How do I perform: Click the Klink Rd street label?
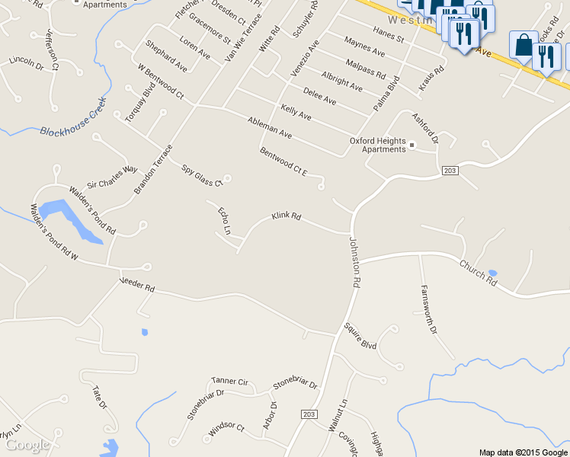coord(287,217)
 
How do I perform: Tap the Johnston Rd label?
coord(354,260)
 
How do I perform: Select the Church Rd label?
coord(478,273)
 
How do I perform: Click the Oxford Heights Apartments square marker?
coord(411,145)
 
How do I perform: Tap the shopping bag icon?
coord(524,45)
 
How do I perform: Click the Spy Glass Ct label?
coord(201,175)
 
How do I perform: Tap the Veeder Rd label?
coord(137,286)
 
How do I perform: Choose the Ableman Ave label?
coord(270,127)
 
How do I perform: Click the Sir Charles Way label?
coord(112,177)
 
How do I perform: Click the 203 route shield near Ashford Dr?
coord(450,171)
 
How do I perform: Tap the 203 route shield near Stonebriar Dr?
coord(309,414)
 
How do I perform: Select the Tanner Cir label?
coord(229,381)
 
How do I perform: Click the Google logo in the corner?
coord(27,445)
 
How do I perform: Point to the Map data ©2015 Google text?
coord(523,452)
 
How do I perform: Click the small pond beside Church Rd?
coord(492,273)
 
